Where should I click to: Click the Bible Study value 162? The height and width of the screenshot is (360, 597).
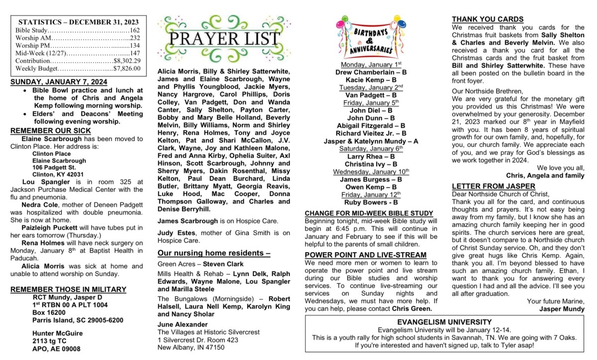click(134, 30)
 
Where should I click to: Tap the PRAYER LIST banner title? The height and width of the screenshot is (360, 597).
click(225, 39)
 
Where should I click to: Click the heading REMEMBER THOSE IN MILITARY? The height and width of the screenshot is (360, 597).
click(68, 289)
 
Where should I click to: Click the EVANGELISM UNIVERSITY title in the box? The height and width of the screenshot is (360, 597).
click(445, 322)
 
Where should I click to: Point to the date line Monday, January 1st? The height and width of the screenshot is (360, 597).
click(371, 65)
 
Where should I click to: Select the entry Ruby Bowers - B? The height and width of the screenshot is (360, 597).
click(371, 202)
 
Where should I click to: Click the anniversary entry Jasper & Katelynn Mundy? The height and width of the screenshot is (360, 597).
click(371, 141)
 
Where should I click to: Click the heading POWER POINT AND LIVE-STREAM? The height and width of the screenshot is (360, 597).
click(366, 255)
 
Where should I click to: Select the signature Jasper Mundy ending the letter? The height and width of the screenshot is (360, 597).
click(562, 309)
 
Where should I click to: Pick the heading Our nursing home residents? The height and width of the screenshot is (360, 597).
click(214, 253)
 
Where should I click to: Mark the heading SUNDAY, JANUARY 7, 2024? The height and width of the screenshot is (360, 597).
click(59, 82)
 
